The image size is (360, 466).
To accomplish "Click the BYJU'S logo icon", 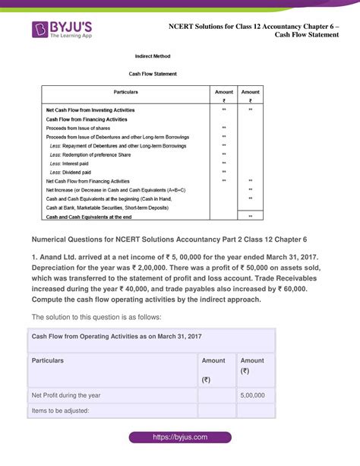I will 40,30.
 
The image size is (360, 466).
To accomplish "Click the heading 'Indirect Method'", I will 153,56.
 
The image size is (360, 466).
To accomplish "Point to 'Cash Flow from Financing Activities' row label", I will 86,119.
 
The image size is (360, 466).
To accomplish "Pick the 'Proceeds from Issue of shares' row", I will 78,128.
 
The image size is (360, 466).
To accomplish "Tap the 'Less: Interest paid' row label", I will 73,163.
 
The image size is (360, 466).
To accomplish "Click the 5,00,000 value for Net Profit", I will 252,395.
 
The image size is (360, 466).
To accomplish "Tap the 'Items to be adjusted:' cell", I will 58,411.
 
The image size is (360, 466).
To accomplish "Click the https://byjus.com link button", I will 179,438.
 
